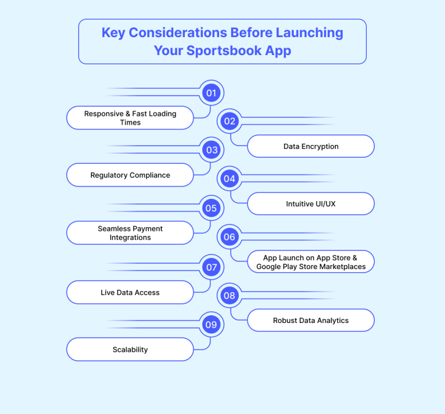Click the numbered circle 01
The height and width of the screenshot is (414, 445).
211,93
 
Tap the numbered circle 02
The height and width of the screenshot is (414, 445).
229,121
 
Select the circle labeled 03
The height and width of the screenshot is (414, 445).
211,150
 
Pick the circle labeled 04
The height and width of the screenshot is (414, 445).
229,179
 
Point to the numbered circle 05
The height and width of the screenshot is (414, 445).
211,208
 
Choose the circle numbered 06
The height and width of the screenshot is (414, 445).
229,237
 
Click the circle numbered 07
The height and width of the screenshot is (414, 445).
211,267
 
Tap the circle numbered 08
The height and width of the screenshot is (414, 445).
229,296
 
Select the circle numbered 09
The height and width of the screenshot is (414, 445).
211,325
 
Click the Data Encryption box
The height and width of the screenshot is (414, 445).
311,146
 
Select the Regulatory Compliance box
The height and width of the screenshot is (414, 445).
130,175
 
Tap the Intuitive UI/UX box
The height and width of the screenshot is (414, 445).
311,204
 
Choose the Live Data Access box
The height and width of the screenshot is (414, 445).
130,292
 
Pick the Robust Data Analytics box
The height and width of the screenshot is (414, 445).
311,320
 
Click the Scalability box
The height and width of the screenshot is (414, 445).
130,349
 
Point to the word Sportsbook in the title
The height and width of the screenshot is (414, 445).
224,50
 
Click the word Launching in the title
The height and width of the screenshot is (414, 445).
309,33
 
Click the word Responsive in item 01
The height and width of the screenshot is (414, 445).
104,114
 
